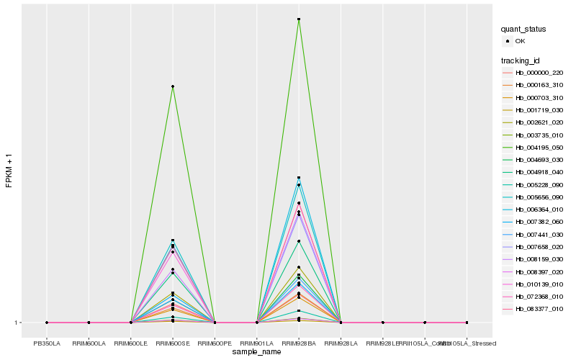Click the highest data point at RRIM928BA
click(x=299, y=19)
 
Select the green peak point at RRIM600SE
click(x=173, y=86)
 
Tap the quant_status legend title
click(x=523, y=29)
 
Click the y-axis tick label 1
click(x=16, y=323)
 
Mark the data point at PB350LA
click(x=47, y=323)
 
